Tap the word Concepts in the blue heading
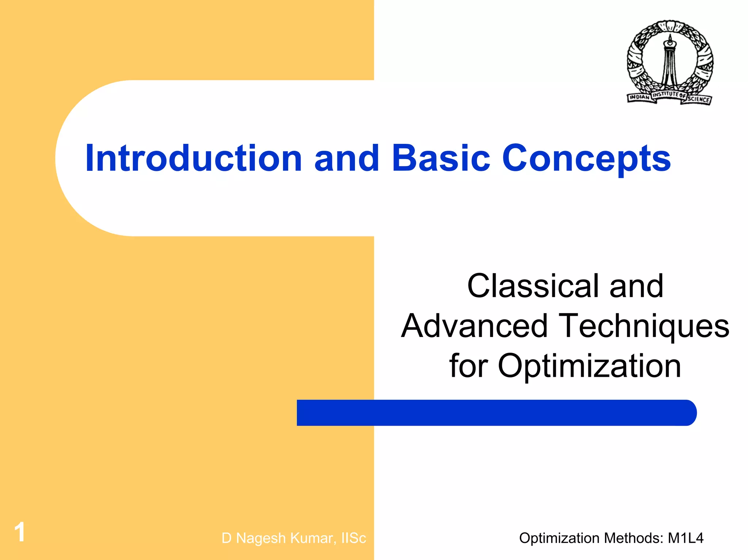[587, 159]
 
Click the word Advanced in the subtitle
[474, 326]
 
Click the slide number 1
[20, 532]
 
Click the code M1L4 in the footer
[685, 538]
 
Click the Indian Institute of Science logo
[669, 62]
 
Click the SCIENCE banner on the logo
[698, 99]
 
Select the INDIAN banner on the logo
[639, 97]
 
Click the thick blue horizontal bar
[497, 413]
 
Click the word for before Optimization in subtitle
[468, 366]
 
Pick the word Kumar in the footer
[311, 538]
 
